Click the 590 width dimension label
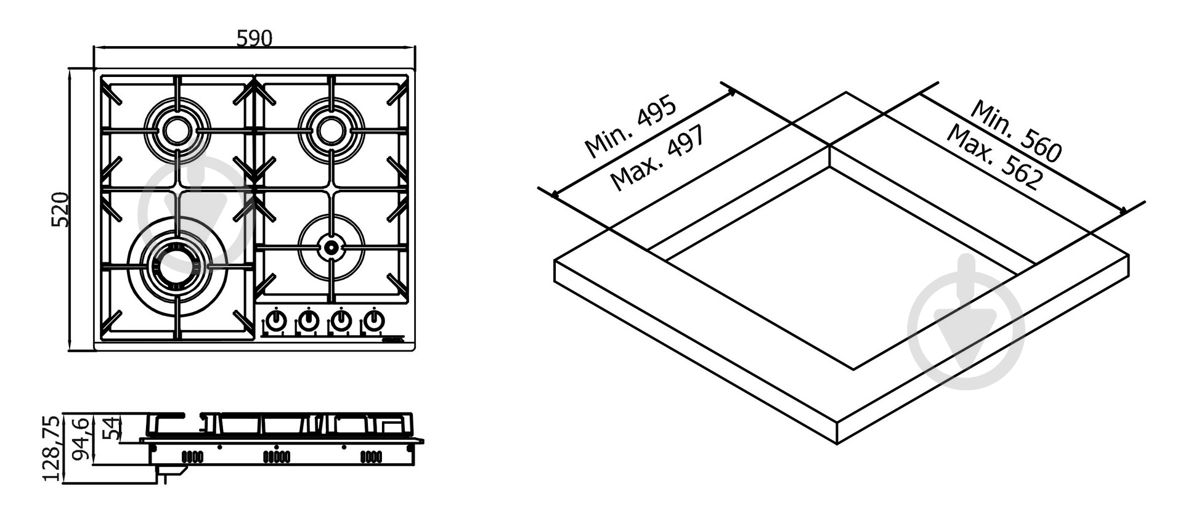254,38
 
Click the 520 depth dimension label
60,210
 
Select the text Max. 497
657,158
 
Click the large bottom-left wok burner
177,266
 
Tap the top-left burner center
177,130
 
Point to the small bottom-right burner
331,248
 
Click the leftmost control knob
275,320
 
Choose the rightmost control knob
373,320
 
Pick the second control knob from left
308,320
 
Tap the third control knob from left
341,320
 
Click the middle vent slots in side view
277,456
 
